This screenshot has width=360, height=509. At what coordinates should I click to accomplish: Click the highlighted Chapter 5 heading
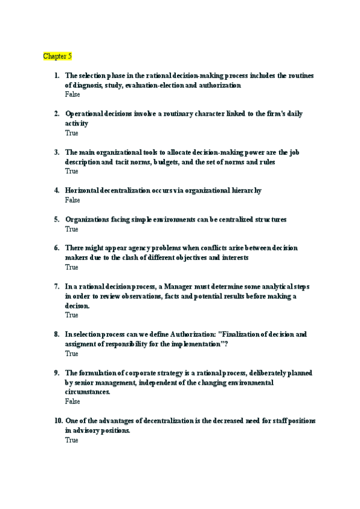point(57,56)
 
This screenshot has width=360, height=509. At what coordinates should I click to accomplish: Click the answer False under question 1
point(72,94)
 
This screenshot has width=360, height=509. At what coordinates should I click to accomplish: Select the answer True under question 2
point(71,133)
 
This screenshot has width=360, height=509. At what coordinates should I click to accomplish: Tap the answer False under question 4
point(72,200)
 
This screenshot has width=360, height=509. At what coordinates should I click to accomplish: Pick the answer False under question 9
point(72,402)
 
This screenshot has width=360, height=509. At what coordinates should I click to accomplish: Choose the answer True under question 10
point(71,440)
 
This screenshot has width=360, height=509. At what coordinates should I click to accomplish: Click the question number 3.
point(56,152)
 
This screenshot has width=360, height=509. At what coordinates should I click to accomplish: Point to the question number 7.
point(56,286)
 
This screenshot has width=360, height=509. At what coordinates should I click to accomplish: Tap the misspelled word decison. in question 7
point(77,306)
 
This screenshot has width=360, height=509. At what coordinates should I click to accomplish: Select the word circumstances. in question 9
point(88,392)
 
